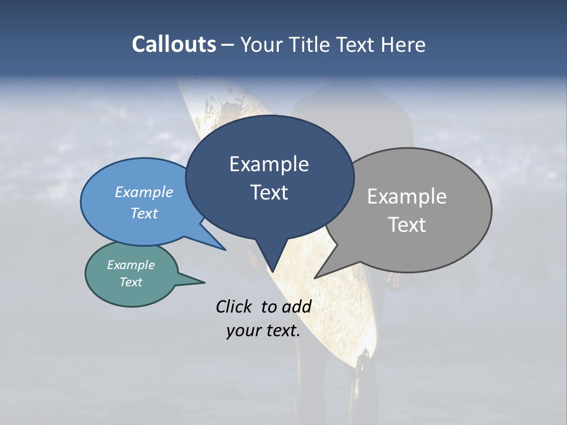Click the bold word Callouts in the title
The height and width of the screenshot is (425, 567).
click(174, 44)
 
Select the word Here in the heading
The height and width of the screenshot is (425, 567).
click(403, 44)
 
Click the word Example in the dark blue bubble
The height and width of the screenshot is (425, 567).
click(269, 164)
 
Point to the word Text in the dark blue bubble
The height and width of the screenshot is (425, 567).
click(269, 192)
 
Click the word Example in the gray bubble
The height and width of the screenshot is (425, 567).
click(406, 197)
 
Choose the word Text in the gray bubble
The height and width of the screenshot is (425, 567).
click(407, 225)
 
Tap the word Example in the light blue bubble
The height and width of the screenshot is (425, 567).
click(144, 192)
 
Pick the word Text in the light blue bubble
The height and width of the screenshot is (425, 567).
click(144, 213)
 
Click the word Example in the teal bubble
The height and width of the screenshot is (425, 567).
click(131, 265)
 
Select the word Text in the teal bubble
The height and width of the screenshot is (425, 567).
click(131, 282)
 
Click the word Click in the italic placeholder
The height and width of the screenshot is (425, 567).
click(234, 306)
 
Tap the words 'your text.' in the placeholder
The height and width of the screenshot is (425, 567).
click(263, 331)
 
